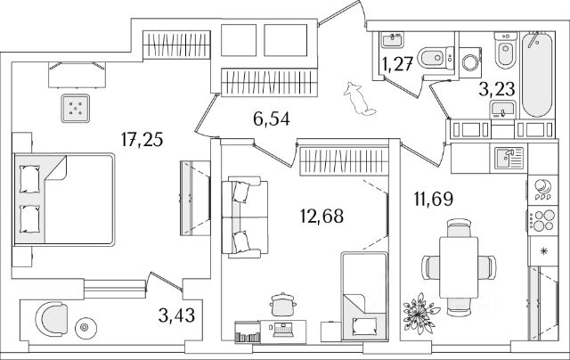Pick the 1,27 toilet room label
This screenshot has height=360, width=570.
point(397,63)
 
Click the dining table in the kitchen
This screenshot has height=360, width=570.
point(459,265)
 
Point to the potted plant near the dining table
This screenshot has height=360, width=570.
point(419,314)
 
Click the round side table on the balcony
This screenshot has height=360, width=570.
point(87,327)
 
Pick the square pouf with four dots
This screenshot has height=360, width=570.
point(76,109)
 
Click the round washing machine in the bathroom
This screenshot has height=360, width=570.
point(471,63)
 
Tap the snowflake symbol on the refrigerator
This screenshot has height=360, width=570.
point(541,252)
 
